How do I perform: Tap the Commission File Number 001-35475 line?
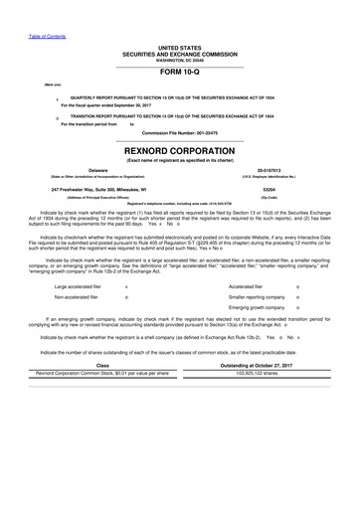pyautogui.click(x=179, y=130)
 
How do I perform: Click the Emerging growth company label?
pyautogui.click(x=249, y=279)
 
